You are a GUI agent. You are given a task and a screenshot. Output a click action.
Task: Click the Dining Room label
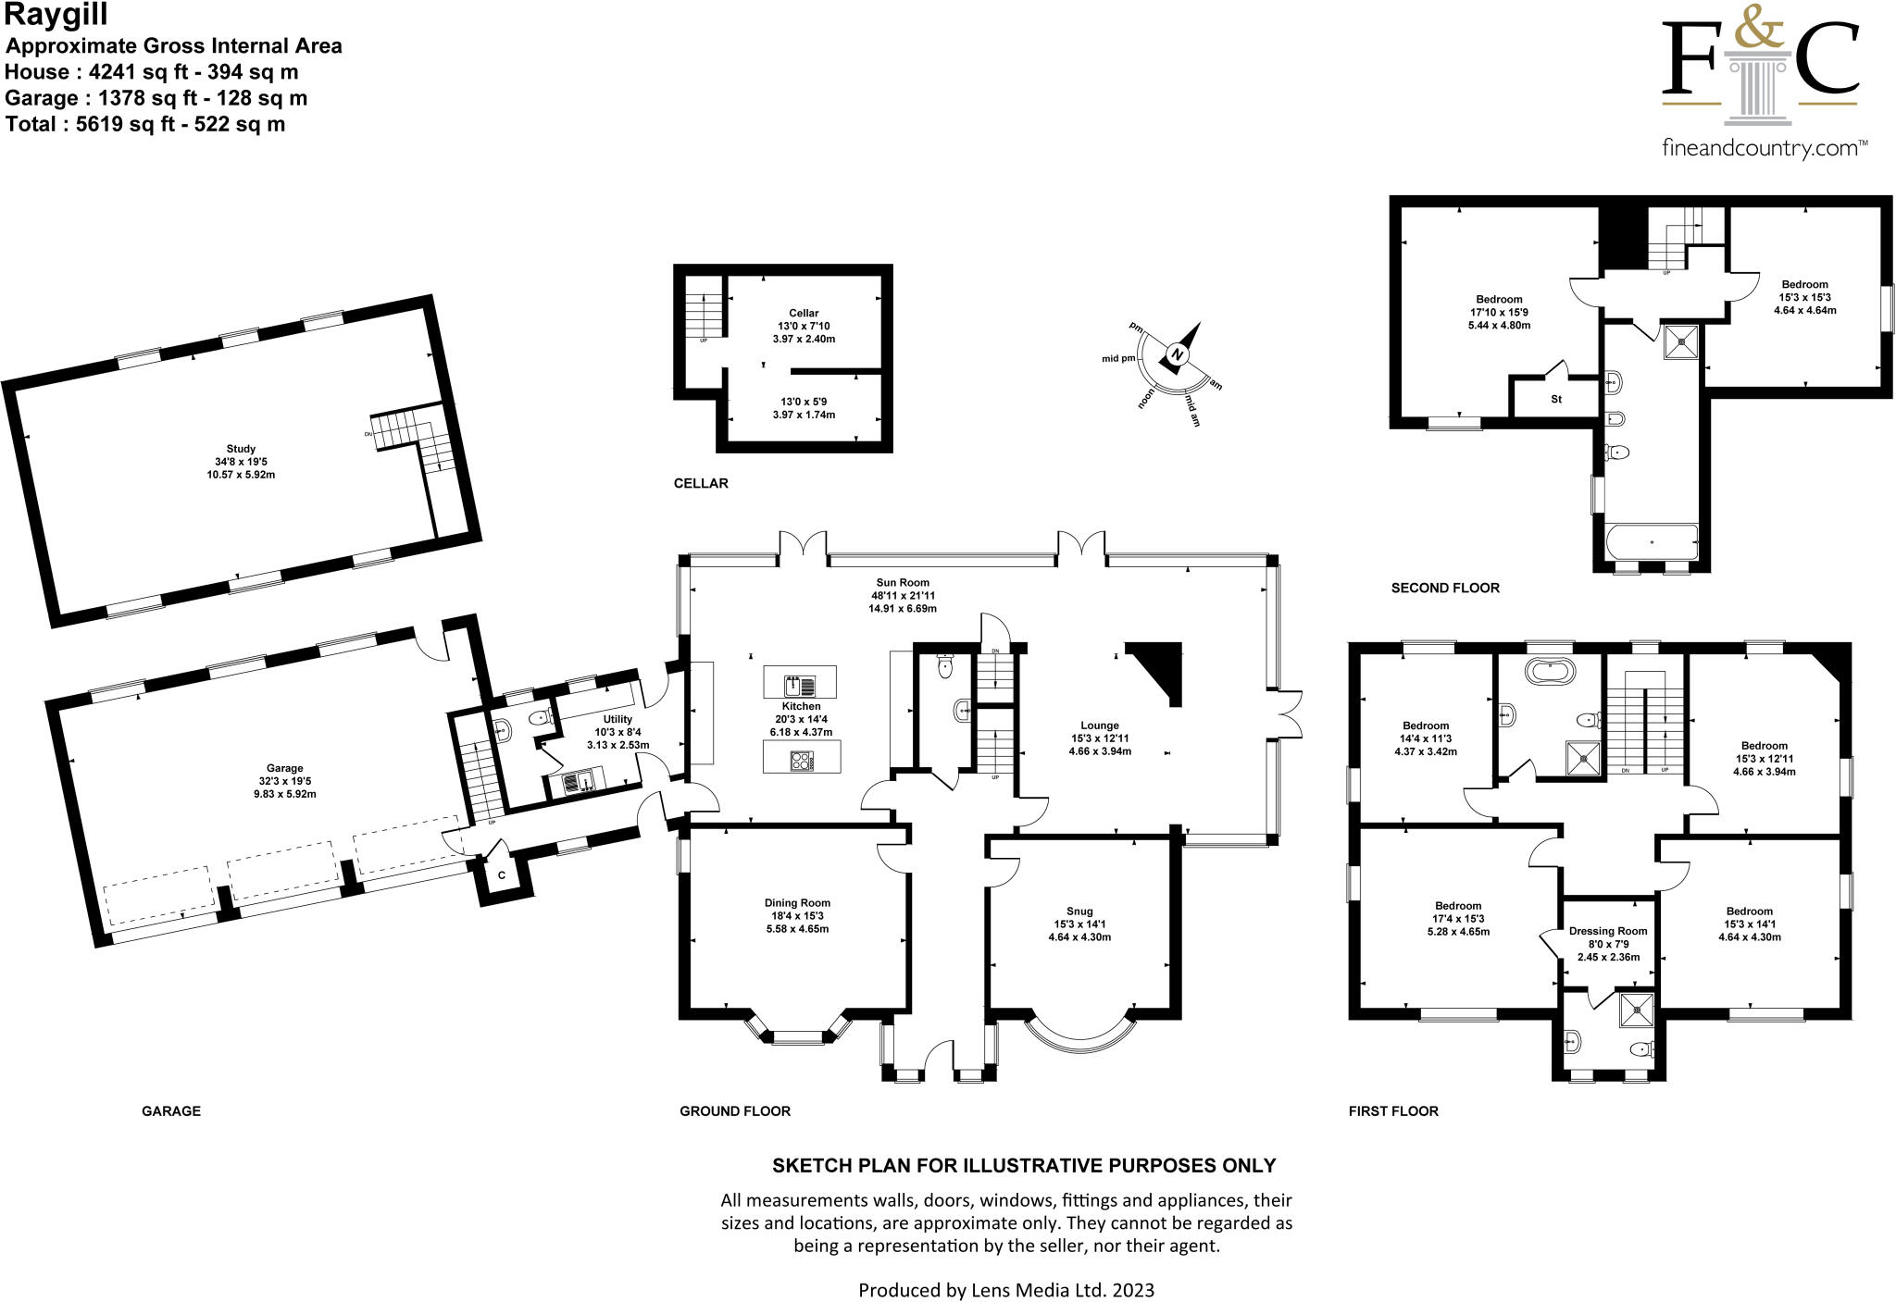coord(797,903)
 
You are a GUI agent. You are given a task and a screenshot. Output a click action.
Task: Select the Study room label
coord(241,449)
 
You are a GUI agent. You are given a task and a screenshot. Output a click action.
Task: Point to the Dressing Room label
coord(1608,931)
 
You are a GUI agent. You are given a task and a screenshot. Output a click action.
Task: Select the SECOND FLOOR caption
coord(1445,588)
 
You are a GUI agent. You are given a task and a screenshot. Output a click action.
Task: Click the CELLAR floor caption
coord(701,483)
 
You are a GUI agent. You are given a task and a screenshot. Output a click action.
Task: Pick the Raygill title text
coord(56,15)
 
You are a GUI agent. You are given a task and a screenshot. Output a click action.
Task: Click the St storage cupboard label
coord(1556,400)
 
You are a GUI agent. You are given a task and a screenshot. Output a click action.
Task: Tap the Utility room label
coord(617,719)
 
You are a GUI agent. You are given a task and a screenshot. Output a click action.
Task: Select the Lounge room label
coord(1100,725)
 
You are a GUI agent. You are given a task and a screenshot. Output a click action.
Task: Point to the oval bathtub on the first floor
coord(1550,671)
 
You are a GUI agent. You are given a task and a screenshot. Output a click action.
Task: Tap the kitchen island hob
coord(800,762)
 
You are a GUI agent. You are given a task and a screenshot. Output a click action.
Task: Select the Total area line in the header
coord(145,124)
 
